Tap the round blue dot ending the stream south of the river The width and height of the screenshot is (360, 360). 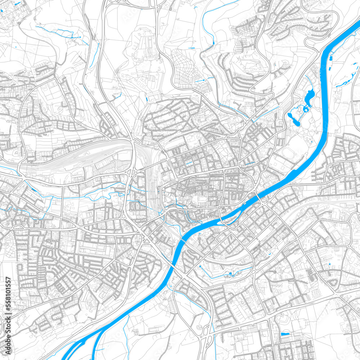pos(199,266)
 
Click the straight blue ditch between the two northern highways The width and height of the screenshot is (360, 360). pos(94,54)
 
